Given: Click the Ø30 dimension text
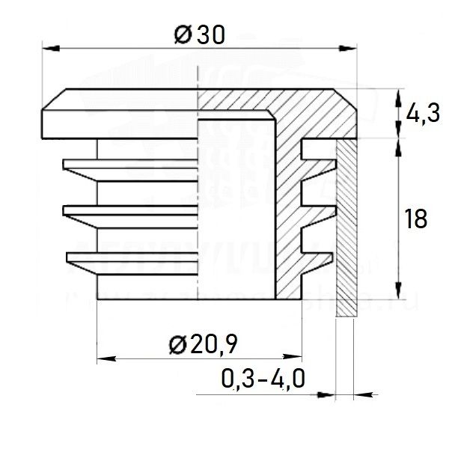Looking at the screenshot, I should click(199, 34).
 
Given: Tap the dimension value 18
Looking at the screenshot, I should click(416, 220).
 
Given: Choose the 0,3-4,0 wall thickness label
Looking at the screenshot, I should click(263, 380).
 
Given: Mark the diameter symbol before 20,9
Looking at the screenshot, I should click(177, 345).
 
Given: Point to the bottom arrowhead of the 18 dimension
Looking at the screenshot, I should click(397, 293).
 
